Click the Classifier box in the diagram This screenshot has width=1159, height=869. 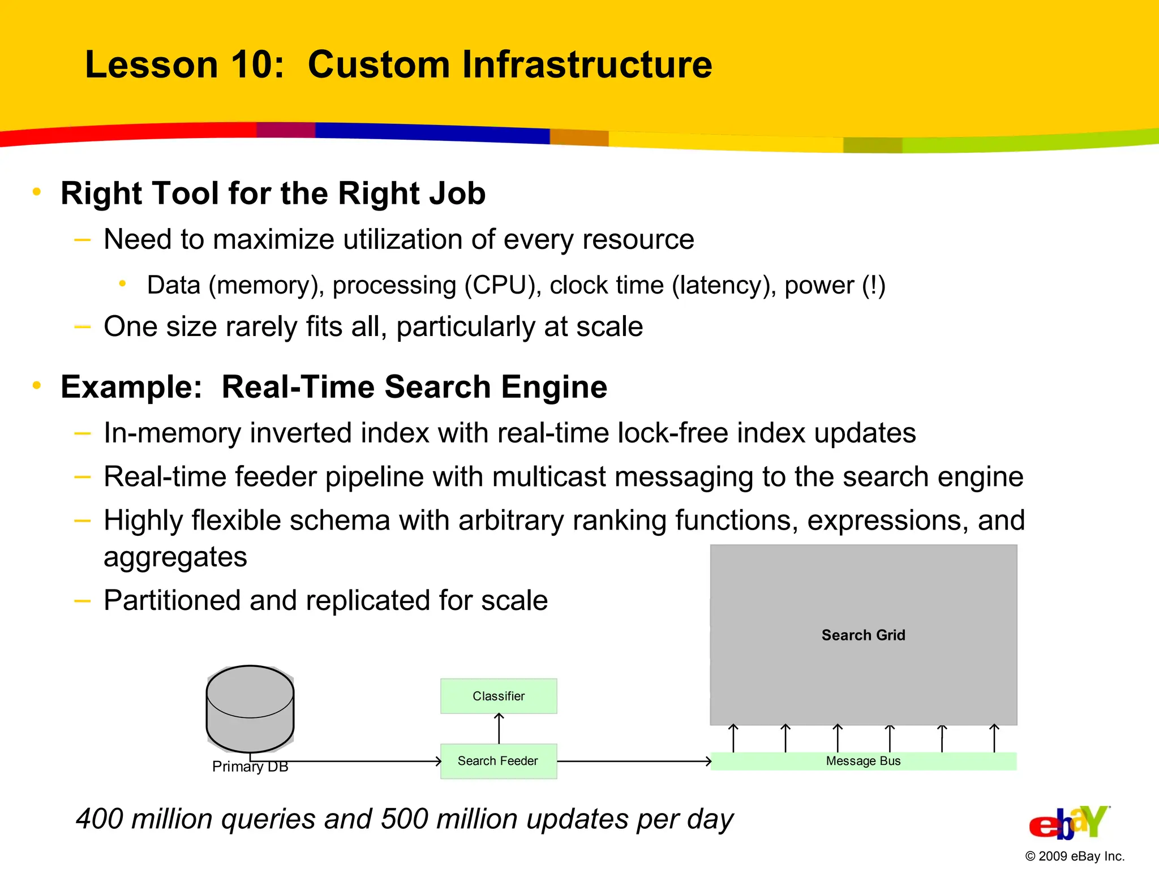pos(499,696)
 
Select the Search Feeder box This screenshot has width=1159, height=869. pos(499,761)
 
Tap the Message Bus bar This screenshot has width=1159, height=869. pos(863,761)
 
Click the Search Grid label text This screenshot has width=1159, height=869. pos(863,635)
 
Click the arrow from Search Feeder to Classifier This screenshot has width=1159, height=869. pos(499,729)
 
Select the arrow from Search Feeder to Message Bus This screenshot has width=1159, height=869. pos(634,762)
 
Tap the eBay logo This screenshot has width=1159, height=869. pos(1068,824)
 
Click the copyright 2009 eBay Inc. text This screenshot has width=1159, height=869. pos(1074,856)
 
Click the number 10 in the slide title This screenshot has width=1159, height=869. pos(251,64)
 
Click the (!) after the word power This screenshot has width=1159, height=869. pos(873,285)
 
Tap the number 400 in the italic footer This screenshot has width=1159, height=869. pos(99,819)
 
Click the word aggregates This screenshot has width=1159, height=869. pos(175,557)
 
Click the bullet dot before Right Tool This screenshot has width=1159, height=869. pos(37,192)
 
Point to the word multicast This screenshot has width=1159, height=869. pos(549,476)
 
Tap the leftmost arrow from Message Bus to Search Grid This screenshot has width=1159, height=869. pos(733,738)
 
